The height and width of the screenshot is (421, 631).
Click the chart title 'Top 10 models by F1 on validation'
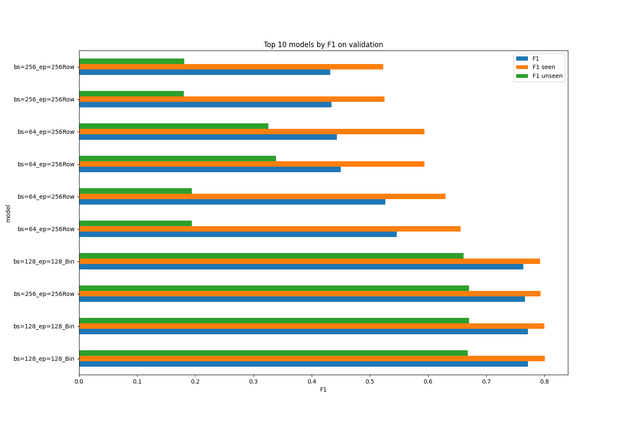[323, 45]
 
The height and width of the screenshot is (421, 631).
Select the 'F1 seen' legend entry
[544, 67]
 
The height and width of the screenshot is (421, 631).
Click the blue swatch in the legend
[522, 59]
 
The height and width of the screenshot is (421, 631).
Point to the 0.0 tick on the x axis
[79, 381]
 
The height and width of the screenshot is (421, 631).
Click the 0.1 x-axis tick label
[137, 381]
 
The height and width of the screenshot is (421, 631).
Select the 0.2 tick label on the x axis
[195, 381]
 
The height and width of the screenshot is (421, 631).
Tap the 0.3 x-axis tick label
[254, 381]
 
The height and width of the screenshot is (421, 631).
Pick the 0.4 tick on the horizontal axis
[312, 381]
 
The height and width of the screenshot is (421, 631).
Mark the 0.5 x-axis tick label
[370, 381]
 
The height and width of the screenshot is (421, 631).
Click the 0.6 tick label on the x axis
[428, 381]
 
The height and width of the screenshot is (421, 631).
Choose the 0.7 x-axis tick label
[486, 381]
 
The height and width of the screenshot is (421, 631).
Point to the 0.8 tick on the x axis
[544, 381]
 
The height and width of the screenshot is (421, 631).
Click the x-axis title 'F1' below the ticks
[323, 390]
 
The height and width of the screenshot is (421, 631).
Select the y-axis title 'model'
[8, 213]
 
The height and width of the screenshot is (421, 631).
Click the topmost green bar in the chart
[132, 61]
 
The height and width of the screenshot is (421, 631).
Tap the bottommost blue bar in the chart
[303, 364]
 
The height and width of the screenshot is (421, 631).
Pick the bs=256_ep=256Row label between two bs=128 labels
[44, 294]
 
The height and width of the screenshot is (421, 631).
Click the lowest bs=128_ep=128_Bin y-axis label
[44, 359]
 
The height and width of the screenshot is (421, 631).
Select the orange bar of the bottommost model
[312, 359]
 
